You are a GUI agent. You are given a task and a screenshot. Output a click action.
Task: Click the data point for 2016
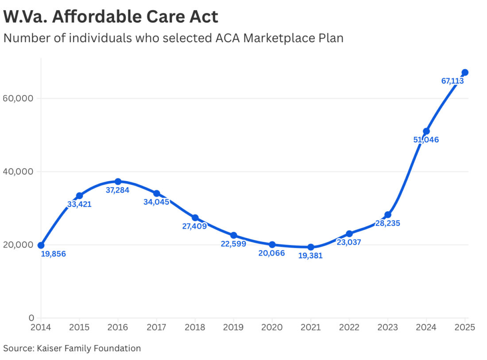(x=118, y=182)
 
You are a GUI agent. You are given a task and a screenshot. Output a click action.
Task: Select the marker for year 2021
(x=311, y=247)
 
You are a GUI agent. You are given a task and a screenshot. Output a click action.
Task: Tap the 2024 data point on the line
(x=426, y=131)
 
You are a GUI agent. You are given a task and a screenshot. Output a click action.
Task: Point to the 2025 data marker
(x=465, y=73)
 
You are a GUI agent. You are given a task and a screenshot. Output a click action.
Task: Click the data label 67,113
(x=452, y=81)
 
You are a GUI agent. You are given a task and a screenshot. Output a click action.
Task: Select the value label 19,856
(x=53, y=254)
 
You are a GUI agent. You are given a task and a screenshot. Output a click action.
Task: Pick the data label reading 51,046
(x=426, y=140)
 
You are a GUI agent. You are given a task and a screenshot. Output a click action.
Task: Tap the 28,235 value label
(x=387, y=223)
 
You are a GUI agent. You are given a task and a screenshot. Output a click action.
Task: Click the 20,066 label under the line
(x=271, y=253)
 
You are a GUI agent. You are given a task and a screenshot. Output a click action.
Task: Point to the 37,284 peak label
(x=118, y=190)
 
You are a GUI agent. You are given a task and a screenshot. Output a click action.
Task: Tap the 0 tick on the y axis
(x=31, y=318)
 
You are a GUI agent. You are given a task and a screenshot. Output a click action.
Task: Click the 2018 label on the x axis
(x=195, y=327)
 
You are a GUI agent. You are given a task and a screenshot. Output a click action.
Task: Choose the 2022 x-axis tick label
(x=349, y=327)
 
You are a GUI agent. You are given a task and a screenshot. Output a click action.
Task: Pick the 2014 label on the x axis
(x=41, y=327)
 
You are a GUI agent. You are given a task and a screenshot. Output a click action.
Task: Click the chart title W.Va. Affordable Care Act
(x=111, y=17)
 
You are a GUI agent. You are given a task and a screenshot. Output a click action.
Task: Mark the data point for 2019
(x=234, y=236)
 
